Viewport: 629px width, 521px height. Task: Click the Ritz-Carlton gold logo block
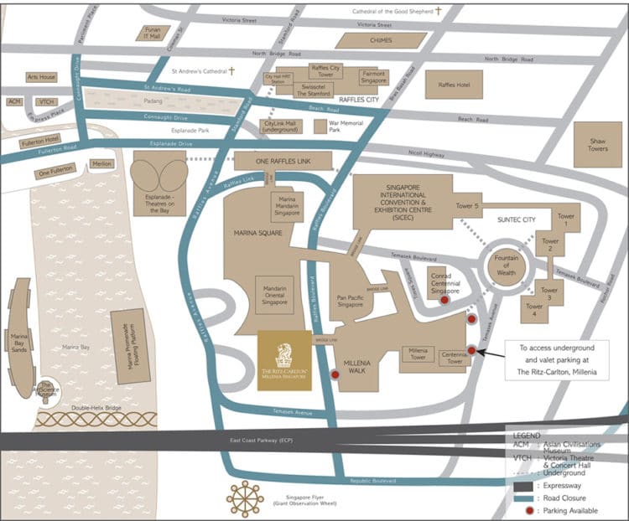coord(284,360)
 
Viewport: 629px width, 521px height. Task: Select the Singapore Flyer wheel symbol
coord(245,498)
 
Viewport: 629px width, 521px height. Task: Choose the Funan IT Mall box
coord(153,33)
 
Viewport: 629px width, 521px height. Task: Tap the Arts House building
coord(41,77)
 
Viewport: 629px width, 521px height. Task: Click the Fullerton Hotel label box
coord(40,139)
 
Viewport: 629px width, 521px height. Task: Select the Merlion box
coord(101,163)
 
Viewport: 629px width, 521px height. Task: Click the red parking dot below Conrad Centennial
coord(444,299)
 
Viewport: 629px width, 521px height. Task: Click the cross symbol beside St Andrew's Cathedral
coord(231,71)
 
